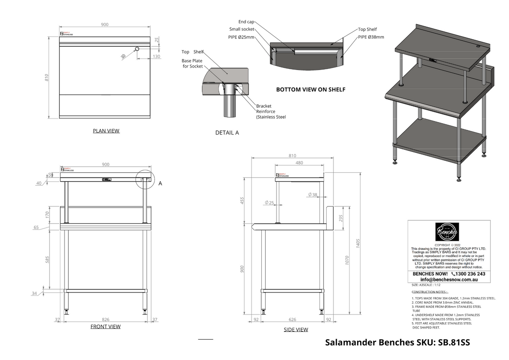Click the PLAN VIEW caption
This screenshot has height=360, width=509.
coord(106,131)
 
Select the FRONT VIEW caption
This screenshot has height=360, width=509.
coord(106,326)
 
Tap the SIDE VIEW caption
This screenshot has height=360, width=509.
coord(296,329)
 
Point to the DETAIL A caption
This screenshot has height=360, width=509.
coord(227,132)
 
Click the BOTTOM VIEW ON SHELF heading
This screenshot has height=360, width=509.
coord(310,90)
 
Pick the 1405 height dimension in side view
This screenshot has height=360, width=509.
coord(358,244)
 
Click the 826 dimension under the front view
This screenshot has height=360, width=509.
coord(106,320)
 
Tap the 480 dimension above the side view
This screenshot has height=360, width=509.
coord(299,163)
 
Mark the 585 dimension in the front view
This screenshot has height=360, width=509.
coord(48,260)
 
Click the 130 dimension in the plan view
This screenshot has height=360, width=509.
coord(157,56)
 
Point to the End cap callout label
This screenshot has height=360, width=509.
coord(246,22)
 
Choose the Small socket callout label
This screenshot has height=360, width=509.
coord(242,29)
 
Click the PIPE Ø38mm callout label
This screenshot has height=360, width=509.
coord(371,37)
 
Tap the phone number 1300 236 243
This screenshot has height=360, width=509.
coord(465,274)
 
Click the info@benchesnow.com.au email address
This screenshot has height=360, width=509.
coord(449,280)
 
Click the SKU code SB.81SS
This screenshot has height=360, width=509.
coord(453,343)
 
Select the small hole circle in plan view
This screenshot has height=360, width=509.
coord(137,49)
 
